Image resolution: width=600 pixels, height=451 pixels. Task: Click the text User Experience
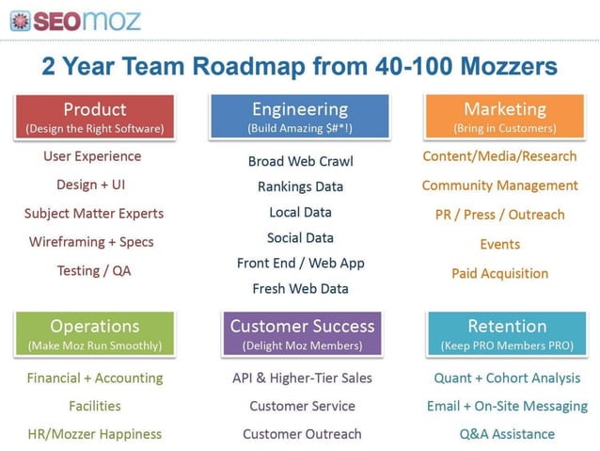point(92,156)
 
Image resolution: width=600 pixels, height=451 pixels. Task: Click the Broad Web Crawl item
point(301,162)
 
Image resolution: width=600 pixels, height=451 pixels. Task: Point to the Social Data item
point(300,238)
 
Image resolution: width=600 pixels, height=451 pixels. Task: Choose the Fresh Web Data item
point(300,289)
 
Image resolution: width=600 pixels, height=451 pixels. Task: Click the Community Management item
point(499,185)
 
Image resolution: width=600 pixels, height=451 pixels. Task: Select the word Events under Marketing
point(499,245)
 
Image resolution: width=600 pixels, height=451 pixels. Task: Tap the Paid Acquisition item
point(499,274)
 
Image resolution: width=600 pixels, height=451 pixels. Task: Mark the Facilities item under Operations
point(94,407)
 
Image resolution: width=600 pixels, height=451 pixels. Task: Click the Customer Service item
point(302,407)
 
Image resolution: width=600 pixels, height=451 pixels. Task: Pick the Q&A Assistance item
point(507,435)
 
